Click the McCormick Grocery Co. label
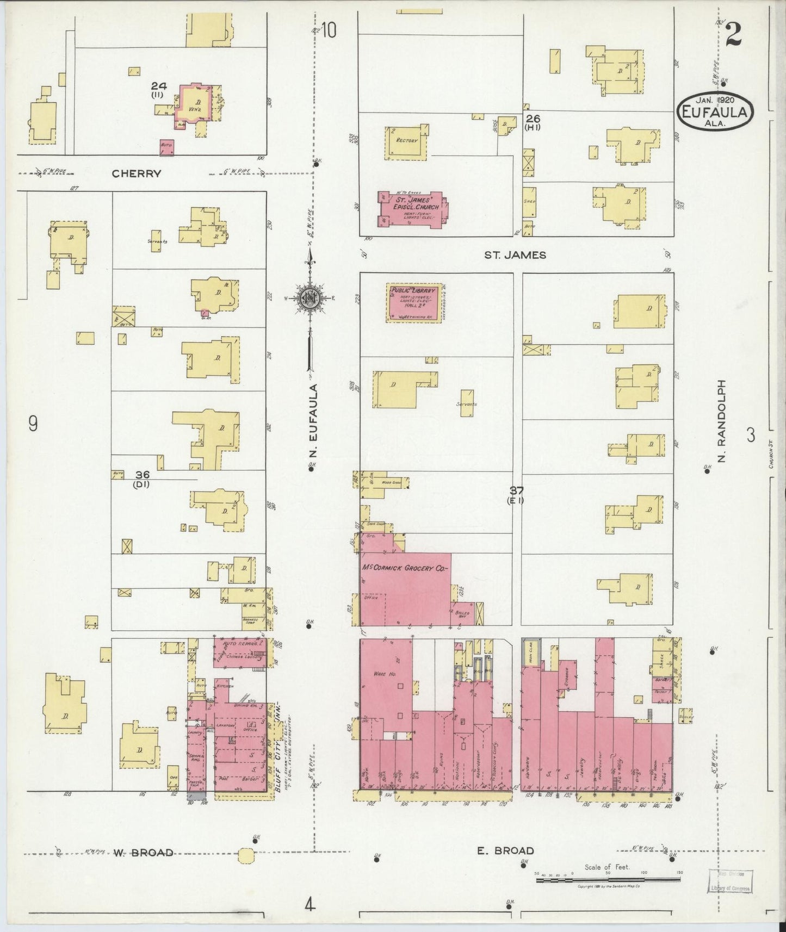(x=404, y=568)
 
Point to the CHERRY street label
(x=137, y=173)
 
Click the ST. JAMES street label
(x=515, y=255)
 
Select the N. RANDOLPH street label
(x=722, y=421)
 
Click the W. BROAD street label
(x=143, y=853)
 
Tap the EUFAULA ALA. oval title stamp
(x=715, y=110)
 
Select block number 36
(x=143, y=475)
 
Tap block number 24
(x=158, y=86)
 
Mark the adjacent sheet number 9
(x=33, y=423)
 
